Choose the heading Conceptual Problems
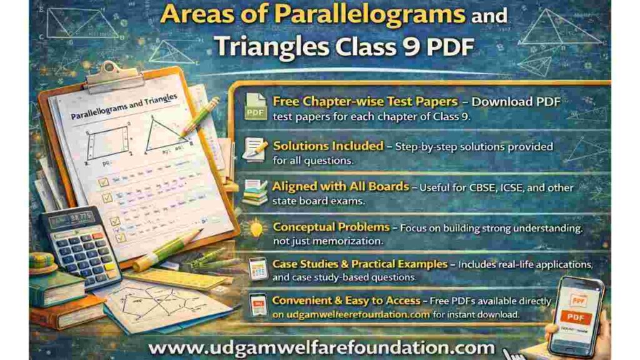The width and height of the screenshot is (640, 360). [x=331, y=227]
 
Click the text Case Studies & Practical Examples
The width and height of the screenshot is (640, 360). [x=360, y=264]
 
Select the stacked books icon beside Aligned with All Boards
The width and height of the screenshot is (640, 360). [x=255, y=191]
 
